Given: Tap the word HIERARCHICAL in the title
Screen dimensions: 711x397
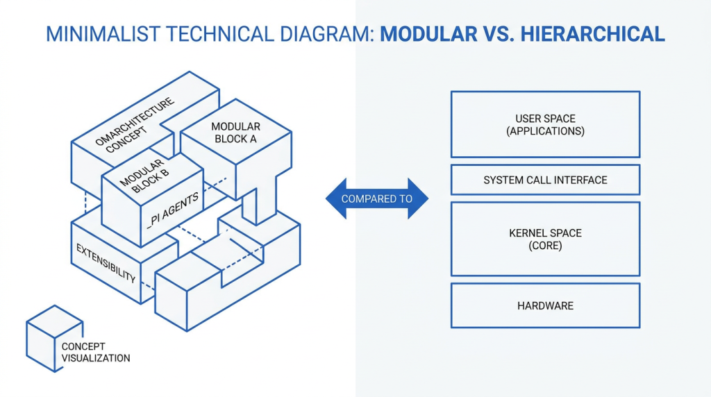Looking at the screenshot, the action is [x=593, y=35].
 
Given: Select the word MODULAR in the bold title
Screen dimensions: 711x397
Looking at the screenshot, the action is [x=428, y=35].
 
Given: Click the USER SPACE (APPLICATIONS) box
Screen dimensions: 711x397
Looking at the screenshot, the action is [x=546, y=125].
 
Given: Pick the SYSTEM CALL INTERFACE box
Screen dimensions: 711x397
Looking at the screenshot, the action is [x=546, y=180].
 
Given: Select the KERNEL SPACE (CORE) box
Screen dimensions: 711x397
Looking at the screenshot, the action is [x=546, y=239].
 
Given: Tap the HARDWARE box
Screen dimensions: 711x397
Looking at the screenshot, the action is [x=546, y=305].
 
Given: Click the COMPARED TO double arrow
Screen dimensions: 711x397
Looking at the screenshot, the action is [x=377, y=198].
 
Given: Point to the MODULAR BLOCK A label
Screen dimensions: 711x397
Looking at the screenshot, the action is [x=236, y=133].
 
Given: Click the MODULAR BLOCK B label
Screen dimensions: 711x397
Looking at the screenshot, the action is [x=144, y=177].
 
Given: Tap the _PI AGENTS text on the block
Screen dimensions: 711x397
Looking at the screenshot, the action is [x=173, y=210].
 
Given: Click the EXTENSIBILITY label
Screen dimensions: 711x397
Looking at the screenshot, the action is [x=106, y=263].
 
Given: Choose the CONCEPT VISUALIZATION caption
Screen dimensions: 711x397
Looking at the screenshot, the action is [x=96, y=352].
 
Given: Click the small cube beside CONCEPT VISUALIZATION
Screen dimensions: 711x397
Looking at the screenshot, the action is [x=55, y=339].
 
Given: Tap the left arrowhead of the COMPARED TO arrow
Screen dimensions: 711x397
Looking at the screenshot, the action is [x=336, y=198].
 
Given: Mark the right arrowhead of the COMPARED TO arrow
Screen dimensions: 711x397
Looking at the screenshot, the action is [x=418, y=198].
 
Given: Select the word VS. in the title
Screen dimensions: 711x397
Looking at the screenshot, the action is [x=499, y=35].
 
